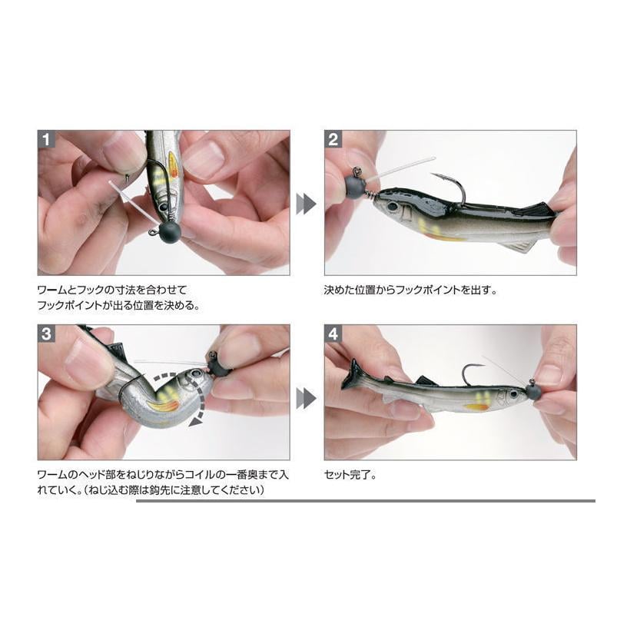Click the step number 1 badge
pos(46,139)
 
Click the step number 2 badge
pos(333,139)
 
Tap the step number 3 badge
pos(46,333)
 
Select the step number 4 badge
pos(333,333)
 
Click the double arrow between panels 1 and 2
pos(306,204)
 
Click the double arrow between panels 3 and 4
pos(306,398)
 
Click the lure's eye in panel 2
pos(393,207)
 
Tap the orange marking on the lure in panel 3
pos(164,406)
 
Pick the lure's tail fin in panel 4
pos(353,375)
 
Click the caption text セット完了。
pos(350,475)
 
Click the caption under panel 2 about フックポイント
pos(410,290)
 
